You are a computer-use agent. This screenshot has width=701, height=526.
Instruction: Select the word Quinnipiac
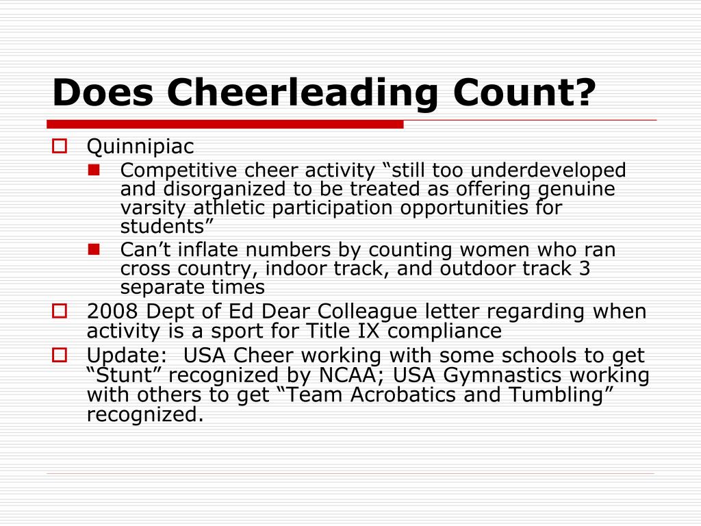click(x=140, y=147)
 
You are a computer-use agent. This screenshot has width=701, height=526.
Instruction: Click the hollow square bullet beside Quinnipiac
click(x=59, y=145)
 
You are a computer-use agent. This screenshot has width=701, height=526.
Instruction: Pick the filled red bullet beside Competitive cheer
click(x=94, y=168)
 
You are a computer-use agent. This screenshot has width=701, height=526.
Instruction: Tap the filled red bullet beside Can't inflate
click(x=94, y=248)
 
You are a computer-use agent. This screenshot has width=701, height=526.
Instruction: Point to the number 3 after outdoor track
click(x=584, y=268)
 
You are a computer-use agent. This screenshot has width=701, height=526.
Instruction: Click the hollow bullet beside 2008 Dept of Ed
click(x=59, y=311)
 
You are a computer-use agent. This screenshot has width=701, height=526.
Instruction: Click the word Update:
click(x=127, y=355)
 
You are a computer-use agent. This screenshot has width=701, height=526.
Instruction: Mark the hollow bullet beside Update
click(x=59, y=355)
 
